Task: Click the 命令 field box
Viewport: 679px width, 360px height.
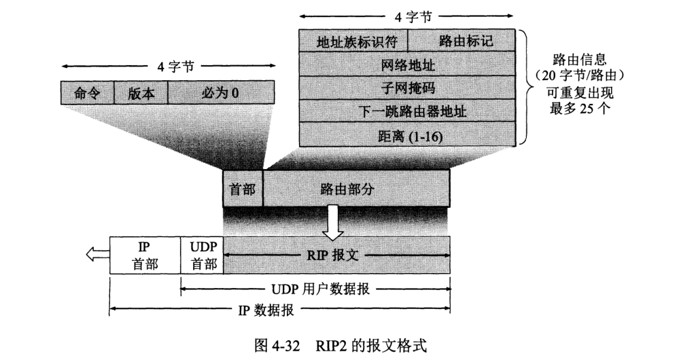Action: [86, 92]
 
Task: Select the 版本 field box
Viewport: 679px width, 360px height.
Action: [141, 92]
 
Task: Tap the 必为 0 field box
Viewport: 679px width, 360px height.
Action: [221, 92]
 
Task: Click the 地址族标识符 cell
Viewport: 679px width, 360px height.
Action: [353, 41]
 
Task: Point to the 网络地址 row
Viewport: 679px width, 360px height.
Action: [407, 65]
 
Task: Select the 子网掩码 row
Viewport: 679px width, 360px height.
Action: [407, 88]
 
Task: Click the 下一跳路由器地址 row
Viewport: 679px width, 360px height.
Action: [407, 111]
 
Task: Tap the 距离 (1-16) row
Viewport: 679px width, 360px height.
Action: [407, 134]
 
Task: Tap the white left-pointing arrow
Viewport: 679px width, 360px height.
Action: [97, 255]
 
